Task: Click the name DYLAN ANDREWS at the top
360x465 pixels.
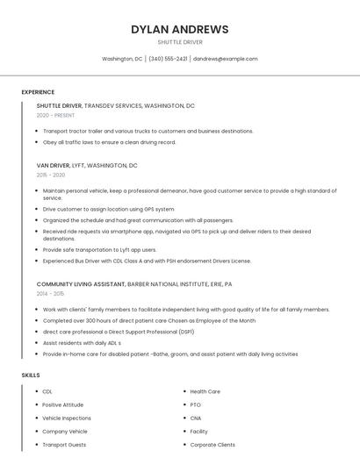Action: click(x=179, y=29)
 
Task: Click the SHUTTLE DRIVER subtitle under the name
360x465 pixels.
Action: click(x=179, y=42)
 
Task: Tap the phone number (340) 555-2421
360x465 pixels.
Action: click(x=168, y=59)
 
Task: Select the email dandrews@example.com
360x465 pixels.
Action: click(x=226, y=59)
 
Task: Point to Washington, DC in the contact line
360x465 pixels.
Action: click(x=122, y=59)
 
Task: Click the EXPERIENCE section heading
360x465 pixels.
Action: click(x=38, y=92)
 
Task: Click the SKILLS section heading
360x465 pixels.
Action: click(x=31, y=375)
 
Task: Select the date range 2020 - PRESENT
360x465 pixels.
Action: click(x=55, y=115)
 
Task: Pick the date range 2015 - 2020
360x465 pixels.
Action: click(x=51, y=175)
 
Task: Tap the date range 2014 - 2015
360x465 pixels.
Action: click(x=51, y=294)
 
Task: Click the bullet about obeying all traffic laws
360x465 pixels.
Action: click(x=109, y=142)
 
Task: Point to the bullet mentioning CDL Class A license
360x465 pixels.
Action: click(x=147, y=261)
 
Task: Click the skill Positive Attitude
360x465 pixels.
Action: click(x=63, y=404)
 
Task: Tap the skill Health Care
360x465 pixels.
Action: click(x=205, y=391)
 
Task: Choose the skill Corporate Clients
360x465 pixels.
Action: click(x=212, y=445)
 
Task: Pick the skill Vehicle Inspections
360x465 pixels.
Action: click(x=67, y=418)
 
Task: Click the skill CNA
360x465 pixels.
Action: click(x=196, y=418)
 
